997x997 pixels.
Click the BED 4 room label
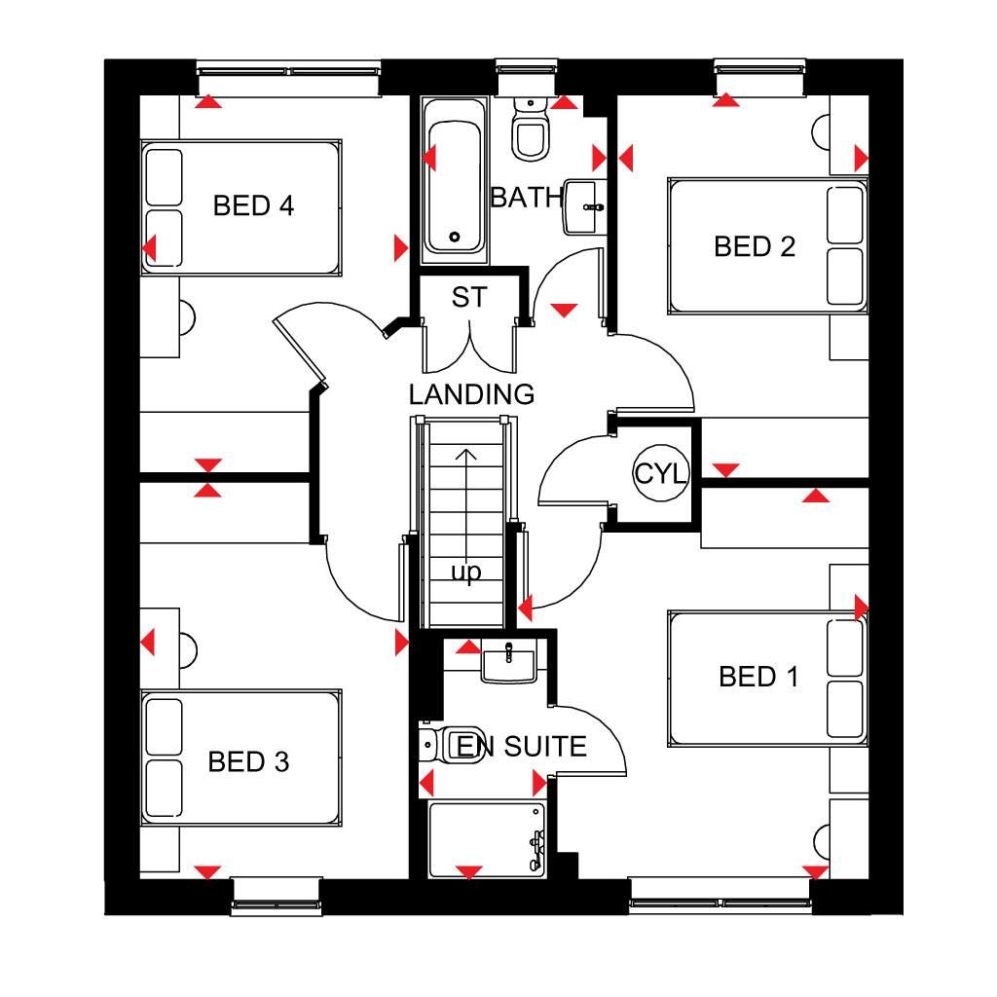(x=253, y=206)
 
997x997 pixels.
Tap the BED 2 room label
(x=755, y=247)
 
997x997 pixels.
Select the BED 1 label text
(x=758, y=677)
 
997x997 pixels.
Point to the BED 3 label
(x=248, y=762)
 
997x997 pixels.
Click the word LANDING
(x=471, y=395)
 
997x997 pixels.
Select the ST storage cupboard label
(x=468, y=298)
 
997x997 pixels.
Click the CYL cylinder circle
(x=661, y=474)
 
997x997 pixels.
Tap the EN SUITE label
(x=522, y=747)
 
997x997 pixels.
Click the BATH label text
(x=527, y=198)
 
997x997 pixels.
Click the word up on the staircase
(x=466, y=572)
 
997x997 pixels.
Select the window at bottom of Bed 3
(x=277, y=896)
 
